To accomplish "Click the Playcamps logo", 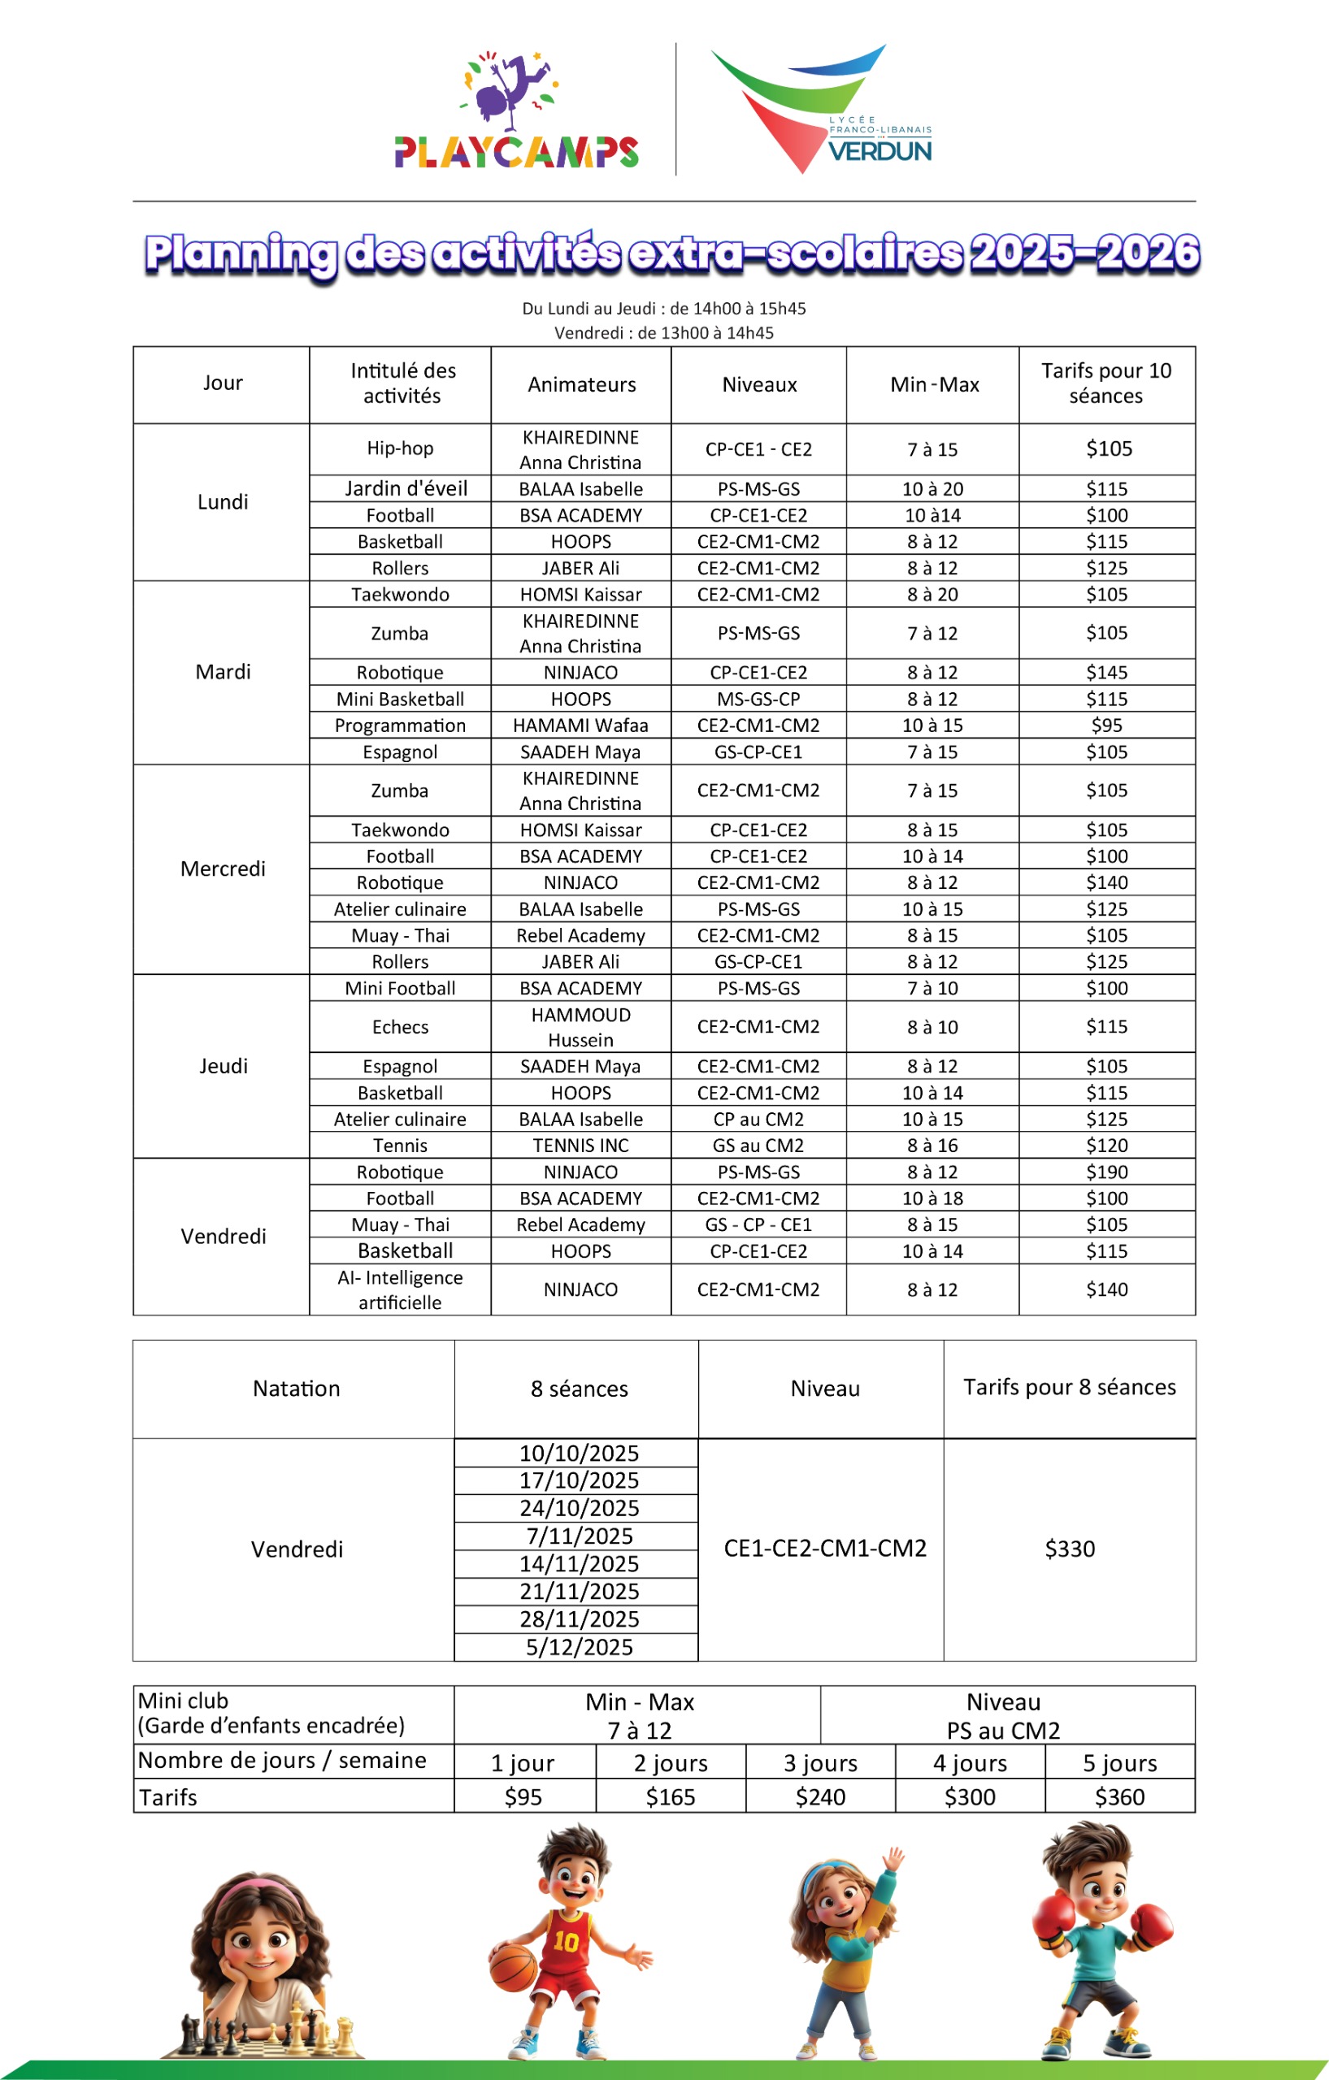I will click(516, 112).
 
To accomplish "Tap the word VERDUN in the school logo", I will click(879, 151).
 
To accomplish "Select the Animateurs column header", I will click(581, 384).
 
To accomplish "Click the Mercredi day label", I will click(223, 869).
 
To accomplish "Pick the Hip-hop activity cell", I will click(400, 448).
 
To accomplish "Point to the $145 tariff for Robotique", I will click(1106, 672).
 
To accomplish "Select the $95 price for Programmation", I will click(1106, 726).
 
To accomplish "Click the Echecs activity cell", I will click(400, 1027).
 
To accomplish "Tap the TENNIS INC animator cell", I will click(580, 1146).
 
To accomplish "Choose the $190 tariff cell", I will click(1106, 1172).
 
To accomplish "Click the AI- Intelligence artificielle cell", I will click(400, 1289).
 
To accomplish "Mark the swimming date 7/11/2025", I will click(579, 1536).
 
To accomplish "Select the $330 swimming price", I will click(1070, 1549).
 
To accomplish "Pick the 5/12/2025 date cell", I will click(579, 1647).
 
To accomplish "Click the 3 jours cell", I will click(820, 1763).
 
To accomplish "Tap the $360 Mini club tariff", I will click(1119, 1796).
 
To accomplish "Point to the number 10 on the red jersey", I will click(566, 1942).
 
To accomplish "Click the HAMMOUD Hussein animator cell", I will click(580, 1027).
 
